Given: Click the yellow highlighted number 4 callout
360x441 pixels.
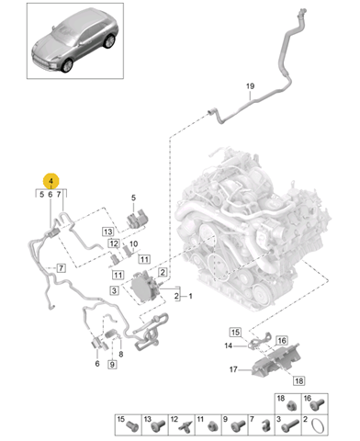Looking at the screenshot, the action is (51, 181).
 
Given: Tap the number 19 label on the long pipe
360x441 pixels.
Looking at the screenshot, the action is (250, 86).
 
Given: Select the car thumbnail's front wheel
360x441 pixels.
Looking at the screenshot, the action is (67, 65).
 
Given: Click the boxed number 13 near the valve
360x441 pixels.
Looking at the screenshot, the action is (107, 232).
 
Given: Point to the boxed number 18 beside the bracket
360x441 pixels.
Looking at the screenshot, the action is (298, 380).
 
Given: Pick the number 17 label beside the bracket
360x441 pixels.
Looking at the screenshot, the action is (233, 369).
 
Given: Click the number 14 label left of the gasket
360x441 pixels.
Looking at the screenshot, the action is (229, 345).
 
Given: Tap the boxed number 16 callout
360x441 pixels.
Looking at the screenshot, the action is (282, 340).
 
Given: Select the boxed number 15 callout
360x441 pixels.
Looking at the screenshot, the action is (235, 332).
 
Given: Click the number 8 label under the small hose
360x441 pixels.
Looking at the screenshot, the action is (121, 355).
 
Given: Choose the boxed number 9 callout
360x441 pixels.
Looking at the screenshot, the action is (112, 365).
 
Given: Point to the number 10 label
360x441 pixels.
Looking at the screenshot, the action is (133, 244).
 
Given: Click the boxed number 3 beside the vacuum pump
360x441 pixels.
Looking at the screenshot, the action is (114, 290).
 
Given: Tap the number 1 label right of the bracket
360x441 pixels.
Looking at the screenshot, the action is (190, 296).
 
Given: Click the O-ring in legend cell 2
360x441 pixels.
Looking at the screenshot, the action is (317, 426).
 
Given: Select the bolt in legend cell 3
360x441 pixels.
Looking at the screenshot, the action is (290, 425).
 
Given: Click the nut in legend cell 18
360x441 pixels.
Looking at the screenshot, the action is (291, 407).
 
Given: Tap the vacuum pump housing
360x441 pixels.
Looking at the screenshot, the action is (144, 288).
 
